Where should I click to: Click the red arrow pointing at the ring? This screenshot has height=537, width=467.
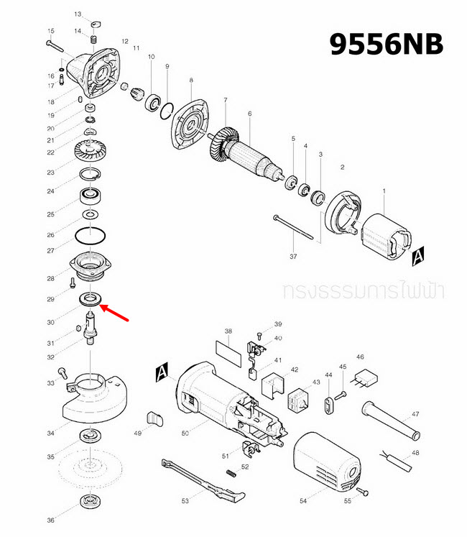pyautogui.click(x=116, y=313)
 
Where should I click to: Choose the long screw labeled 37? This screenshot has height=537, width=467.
pyautogui.click(x=294, y=228)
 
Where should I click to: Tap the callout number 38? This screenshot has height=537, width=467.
pyautogui.click(x=228, y=331)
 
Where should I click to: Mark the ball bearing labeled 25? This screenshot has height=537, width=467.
pyautogui.click(x=91, y=194)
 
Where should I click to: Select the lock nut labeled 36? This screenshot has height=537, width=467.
pyautogui.click(x=91, y=501)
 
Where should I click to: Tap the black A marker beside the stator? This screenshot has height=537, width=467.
pyautogui.click(x=419, y=254)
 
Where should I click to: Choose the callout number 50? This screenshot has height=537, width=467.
pyautogui.click(x=185, y=433)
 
